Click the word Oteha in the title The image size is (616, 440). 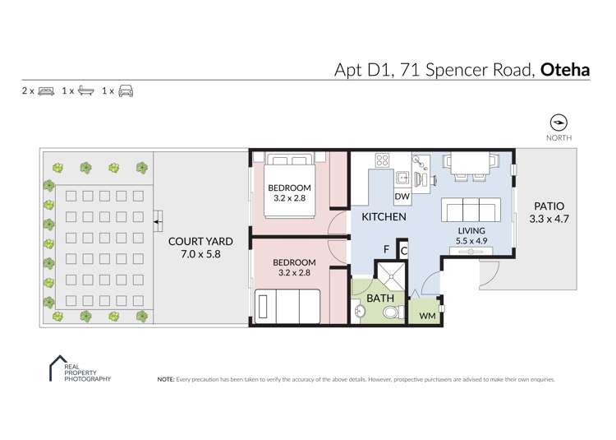click(x=565, y=69)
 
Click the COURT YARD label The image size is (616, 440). click(x=200, y=242)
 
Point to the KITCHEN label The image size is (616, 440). click(x=384, y=217)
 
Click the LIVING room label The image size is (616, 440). click(x=471, y=230)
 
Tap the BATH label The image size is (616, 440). click(x=379, y=298)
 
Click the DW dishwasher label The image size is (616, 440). click(x=402, y=197)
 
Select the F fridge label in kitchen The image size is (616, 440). click(x=386, y=249)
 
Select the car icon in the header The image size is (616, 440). click(x=126, y=90)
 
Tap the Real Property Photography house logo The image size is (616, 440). click(x=59, y=368)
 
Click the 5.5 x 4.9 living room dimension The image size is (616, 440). click(x=471, y=242)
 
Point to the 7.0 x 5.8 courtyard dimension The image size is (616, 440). click(x=200, y=255)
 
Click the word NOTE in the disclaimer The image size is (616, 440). click(x=165, y=380)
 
